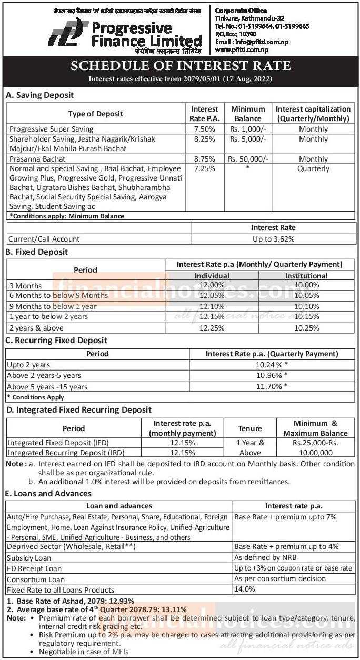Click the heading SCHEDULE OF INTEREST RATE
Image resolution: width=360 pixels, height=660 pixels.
180,66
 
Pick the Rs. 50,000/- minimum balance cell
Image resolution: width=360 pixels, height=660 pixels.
247,159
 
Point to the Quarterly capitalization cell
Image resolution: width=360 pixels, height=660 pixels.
313,169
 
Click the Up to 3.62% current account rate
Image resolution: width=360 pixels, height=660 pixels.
272,239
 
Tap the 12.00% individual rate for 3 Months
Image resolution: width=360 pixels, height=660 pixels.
212,285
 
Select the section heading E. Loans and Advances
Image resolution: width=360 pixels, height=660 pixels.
48,494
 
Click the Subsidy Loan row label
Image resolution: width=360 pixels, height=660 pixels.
29,558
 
